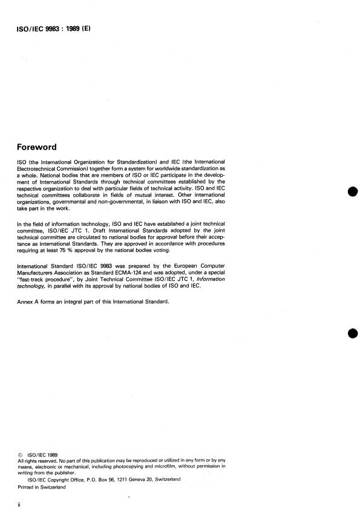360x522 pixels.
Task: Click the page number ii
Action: [20, 504]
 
